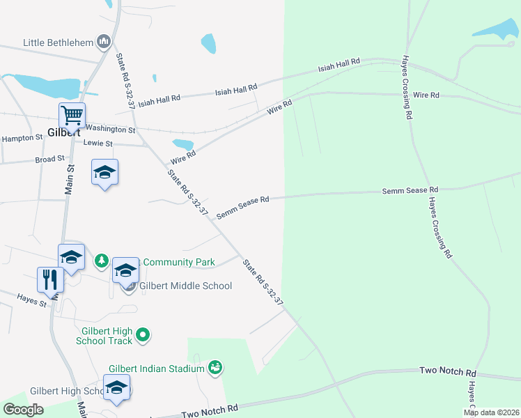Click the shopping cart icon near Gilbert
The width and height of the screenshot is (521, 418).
coord(72,115)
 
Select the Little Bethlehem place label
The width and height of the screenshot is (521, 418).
coord(58,42)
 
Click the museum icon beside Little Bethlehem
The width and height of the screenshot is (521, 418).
coord(104,42)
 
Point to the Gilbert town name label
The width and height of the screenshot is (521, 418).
coord(65,132)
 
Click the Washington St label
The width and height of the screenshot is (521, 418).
coord(111,129)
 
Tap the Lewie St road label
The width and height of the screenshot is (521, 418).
coord(98,144)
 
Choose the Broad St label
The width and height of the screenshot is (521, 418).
coord(49,160)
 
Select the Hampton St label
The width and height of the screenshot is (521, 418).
coord(22,139)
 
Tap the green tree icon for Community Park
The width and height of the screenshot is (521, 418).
coord(102,261)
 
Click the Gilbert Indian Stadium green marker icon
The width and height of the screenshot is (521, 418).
coord(215,367)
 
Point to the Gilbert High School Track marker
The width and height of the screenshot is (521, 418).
coord(143,335)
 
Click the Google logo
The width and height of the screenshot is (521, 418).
coord(24,409)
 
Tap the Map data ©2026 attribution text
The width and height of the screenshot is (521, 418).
coord(491,412)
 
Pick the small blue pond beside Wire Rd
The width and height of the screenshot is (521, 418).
coord(182,144)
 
